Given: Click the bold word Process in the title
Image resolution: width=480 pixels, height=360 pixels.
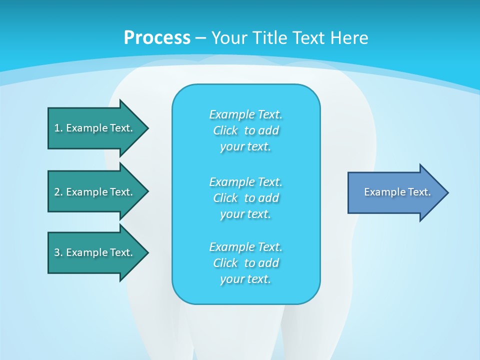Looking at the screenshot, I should tap(157, 38).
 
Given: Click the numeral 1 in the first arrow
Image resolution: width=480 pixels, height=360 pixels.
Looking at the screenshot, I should tap(57, 128).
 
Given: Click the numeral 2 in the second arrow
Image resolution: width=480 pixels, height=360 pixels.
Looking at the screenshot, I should tap(57, 192).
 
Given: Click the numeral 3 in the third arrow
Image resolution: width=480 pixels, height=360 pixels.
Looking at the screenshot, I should tap(57, 252).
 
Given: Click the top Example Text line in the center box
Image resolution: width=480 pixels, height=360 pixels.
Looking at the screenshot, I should tap(245, 114).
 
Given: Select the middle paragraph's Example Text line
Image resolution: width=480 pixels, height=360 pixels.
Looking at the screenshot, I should tap(245, 181).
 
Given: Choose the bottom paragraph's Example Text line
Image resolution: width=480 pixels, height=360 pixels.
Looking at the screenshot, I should tap(245, 247).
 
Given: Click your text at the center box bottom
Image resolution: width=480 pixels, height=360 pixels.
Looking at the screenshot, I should tap(245, 279).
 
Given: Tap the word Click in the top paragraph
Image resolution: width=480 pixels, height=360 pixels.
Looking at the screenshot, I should tap(225, 130).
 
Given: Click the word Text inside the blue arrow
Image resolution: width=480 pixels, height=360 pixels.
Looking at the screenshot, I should tap(419, 192).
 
